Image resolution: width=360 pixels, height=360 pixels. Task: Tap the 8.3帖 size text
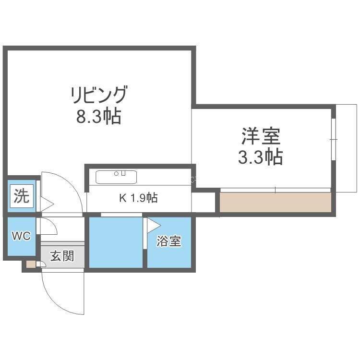[99, 116]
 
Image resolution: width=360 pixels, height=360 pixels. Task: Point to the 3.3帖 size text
[260, 157]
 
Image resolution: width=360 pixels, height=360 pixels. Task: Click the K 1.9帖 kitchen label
[138, 198]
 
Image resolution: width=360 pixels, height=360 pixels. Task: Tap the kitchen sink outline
[116, 177]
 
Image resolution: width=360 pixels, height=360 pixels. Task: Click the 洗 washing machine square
[22, 196]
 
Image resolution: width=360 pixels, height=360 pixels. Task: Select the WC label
[21, 236]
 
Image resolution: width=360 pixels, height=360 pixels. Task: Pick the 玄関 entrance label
[62, 256]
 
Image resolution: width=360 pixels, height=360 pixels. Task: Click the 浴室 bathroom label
[169, 241]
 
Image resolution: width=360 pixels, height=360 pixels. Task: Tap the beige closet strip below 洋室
[276, 202]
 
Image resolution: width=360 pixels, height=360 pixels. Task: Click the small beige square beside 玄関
[31, 264]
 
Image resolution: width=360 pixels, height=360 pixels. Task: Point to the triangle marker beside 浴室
[153, 226]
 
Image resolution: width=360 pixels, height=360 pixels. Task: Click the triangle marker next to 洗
[47, 204]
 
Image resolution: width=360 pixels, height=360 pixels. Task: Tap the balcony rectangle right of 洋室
[347, 148]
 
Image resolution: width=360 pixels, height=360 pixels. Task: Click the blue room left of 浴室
[116, 242]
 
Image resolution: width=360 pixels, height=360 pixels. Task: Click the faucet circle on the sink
[117, 174]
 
